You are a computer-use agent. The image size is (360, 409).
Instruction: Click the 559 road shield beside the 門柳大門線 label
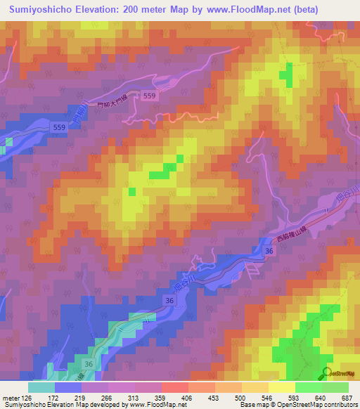pos(148,95)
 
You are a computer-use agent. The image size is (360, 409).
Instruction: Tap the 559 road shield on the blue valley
pos(59,126)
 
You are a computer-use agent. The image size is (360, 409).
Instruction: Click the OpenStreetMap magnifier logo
pos(326,373)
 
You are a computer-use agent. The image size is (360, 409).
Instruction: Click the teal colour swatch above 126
pos(41,387)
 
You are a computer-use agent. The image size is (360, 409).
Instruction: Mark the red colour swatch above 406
pos(175,387)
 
